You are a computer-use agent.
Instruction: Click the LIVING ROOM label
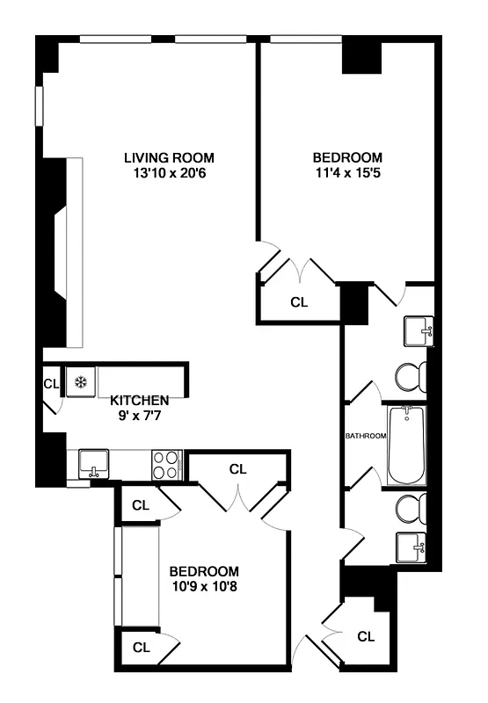170,158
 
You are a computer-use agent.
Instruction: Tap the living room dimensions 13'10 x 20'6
170,173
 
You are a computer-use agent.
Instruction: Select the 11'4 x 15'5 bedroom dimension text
347,173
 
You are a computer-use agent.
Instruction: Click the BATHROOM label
365,436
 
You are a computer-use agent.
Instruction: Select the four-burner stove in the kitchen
166,463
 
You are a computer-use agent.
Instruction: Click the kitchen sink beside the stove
93,461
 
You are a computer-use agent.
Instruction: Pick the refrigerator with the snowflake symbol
80,382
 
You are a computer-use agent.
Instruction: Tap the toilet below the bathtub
408,509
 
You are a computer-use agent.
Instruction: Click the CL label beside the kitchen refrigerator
51,383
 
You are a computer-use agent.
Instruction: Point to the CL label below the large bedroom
300,302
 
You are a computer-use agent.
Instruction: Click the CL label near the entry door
367,636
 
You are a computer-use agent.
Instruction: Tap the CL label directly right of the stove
237,468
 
